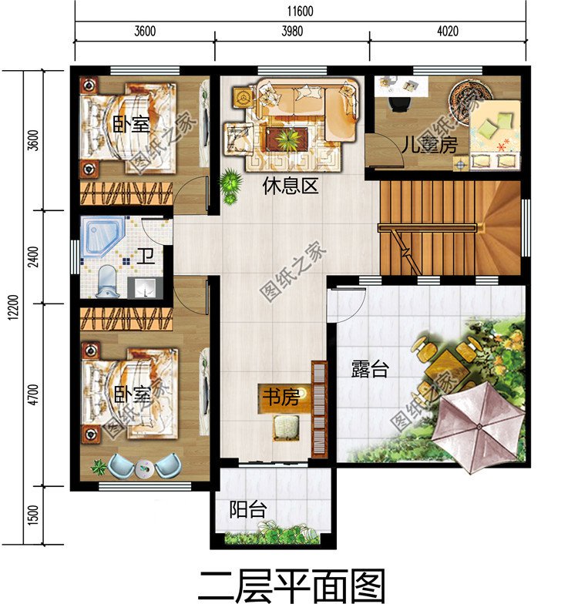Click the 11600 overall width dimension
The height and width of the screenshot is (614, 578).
tap(300, 12)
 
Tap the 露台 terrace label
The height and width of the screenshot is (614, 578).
tap(370, 370)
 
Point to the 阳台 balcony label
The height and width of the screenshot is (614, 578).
tap(248, 509)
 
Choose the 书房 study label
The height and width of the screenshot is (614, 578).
tap(281, 398)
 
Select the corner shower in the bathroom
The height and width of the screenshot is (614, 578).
tap(102, 233)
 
